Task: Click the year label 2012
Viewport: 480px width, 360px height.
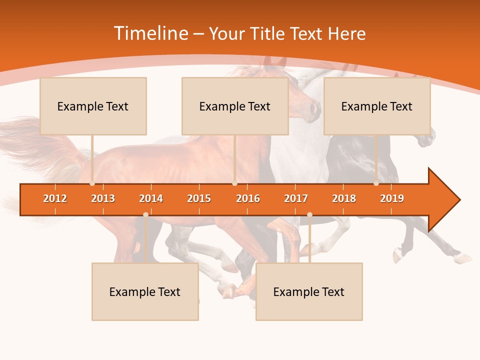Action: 55,198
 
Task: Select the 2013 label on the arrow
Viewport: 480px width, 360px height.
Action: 103,198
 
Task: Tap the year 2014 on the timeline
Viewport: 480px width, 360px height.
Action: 151,198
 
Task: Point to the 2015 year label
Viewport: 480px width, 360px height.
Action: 199,198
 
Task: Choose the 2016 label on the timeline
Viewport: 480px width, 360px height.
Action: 248,198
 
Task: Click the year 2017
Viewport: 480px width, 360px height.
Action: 296,198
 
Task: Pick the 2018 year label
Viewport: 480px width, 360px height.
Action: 344,198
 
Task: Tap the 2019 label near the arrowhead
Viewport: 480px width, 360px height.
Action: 392,198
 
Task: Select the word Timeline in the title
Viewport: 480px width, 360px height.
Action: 150,33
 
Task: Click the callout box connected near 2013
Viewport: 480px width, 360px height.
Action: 93,106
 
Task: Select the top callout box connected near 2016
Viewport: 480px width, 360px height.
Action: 235,106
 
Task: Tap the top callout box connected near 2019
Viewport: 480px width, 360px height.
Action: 377,106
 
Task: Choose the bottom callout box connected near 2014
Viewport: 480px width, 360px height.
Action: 145,291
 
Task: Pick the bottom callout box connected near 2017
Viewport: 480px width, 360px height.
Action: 309,291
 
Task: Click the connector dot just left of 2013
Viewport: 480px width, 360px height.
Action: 92,183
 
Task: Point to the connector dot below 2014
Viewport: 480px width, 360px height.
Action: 145,214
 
